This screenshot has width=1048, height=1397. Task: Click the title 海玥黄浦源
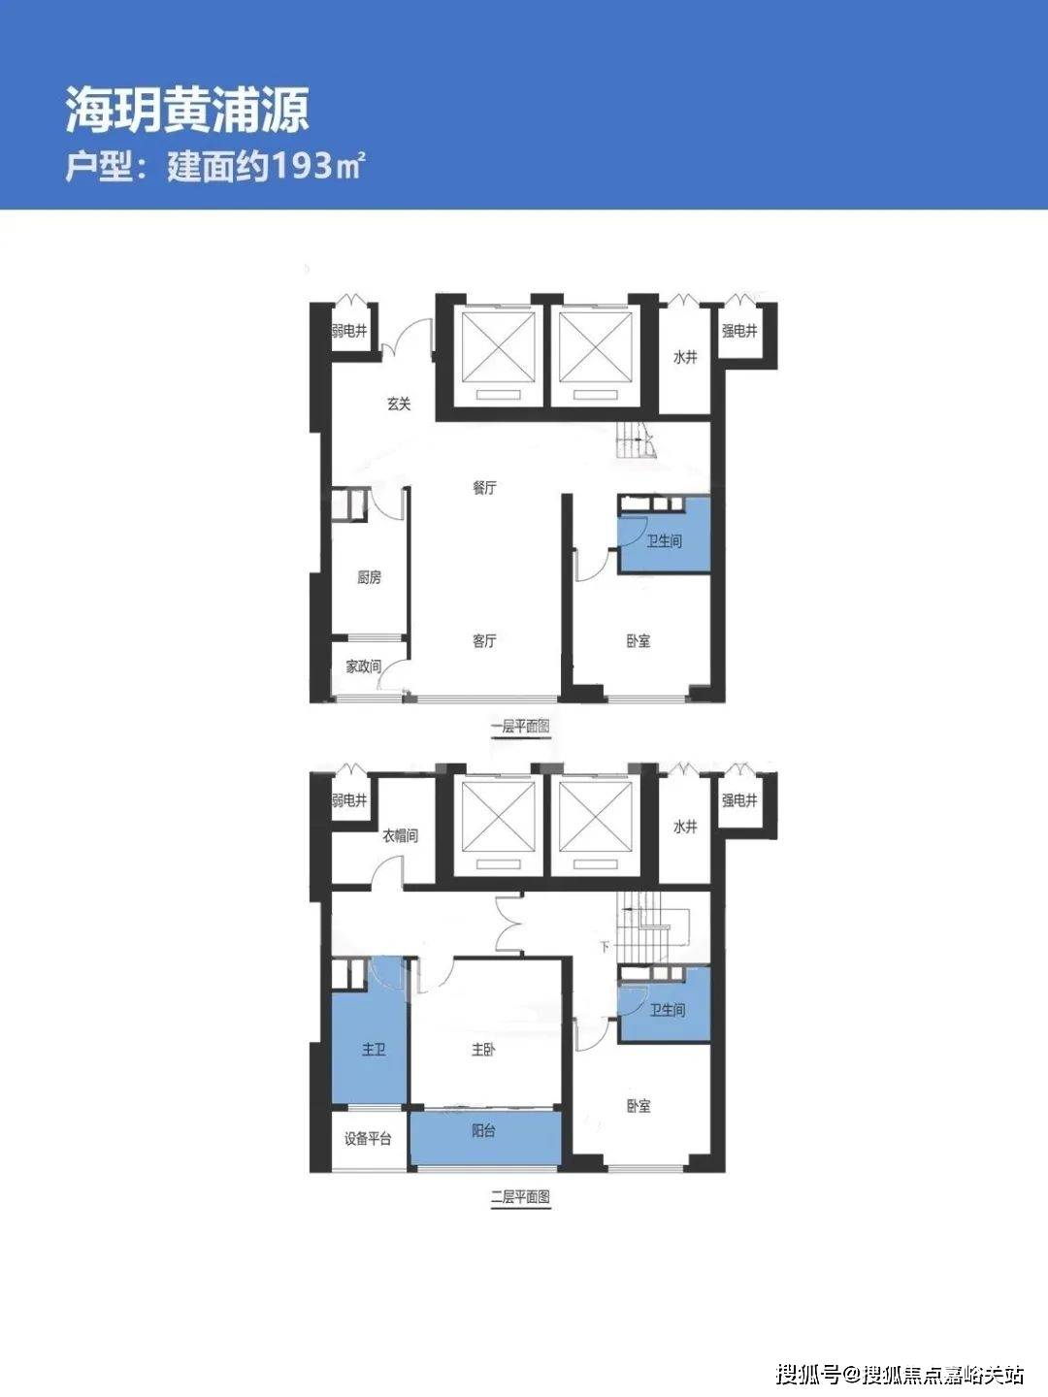pyautogui.click(x=187, y=111)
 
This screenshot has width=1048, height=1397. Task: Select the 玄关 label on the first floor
pyautogui.click(x=399, y=404)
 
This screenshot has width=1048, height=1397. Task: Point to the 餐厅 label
pyautogui.click(x=484, y=488)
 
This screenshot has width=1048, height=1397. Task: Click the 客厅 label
pyautogui.click(x=484, y=641)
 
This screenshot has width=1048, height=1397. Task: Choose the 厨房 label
pyautogui.click(x=369, y=577)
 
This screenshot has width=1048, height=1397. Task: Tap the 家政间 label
pyautogui.click(x=363, y=666)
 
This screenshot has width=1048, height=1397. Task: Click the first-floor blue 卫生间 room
pyautogui.click(x=665, y=536)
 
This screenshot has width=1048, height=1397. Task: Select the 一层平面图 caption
pyautogui.click(x=520, y=727)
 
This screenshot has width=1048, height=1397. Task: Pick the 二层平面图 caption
pyautogui.click(x=520, y=1197)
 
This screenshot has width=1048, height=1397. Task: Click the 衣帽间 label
pyautogui.click(x=400, y=836)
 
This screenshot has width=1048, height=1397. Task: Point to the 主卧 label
pyautogui.click(x=483, y=1050)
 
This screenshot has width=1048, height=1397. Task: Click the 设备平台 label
pyautogui.click(x=368, y=1139)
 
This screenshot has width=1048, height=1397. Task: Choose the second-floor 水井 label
pyautogui.click(x=685, y=827)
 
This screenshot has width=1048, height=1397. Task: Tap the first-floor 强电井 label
pyautogui.click(x=739, y=331)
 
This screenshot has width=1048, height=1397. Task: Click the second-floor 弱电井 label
pyautogui.click(x=349, y=800)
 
